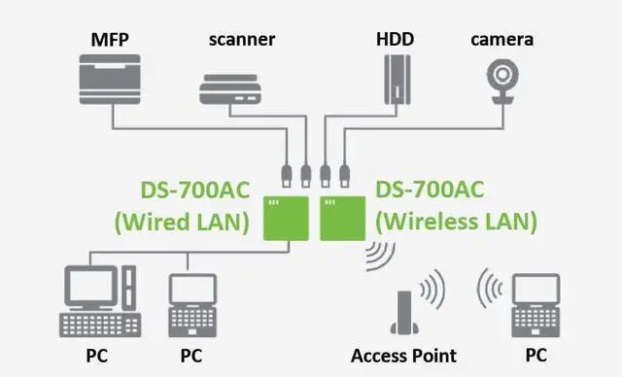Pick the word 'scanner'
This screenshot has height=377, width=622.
(x=242, y=40)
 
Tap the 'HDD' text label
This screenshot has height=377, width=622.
(x=395, y=40)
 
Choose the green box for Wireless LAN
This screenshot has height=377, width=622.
(x=343, y=219)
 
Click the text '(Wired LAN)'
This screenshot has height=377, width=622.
(x=182, y=221)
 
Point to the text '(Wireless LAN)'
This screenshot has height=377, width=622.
(x=456, y=221)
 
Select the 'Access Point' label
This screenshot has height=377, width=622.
(x=405, y=356)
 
